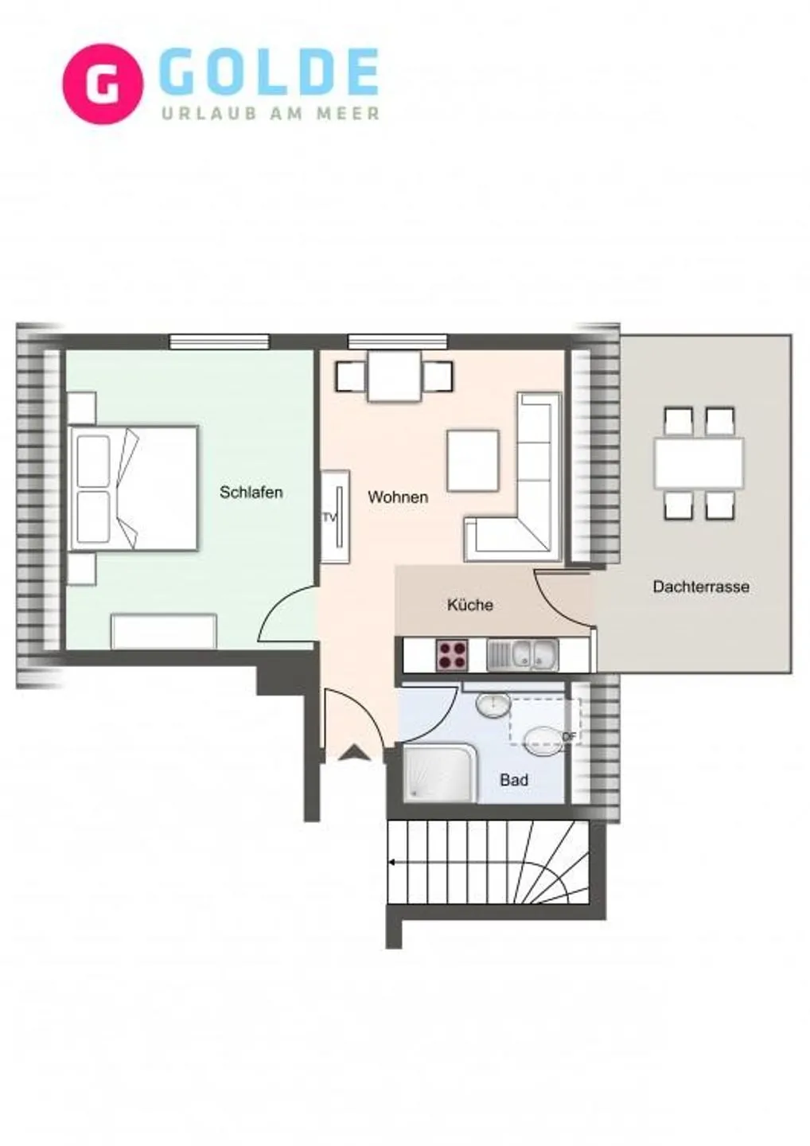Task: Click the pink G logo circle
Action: click(x=103, y=84)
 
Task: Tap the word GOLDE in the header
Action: click(x=272, y=72)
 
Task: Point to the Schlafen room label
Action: click(x=251, y=492)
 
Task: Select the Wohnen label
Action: click(x=398, y=497)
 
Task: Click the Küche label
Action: click(x=470, y=605)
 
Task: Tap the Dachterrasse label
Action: click(x=701, y=587)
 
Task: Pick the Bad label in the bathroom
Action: click(x=514, y=780)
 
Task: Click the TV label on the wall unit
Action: click(x=329, y=517)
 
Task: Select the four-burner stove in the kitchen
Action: click(x=452, y=655)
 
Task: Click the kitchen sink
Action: click(x=523, y=655)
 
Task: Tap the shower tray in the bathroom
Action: click(x=440, y=774)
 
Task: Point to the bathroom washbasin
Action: click(x=493, y=706)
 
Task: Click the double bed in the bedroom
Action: click(x=134, y=488)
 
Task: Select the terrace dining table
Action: click(x=699, y=463)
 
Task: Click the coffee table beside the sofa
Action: click(x=473, y=461)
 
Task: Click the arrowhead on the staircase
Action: click(x=391, y=862)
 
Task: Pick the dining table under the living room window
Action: click(x=395, y=376)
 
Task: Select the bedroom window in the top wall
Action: click(x=220, y=341)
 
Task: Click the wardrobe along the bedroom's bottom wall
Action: click(x=164, y=632)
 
